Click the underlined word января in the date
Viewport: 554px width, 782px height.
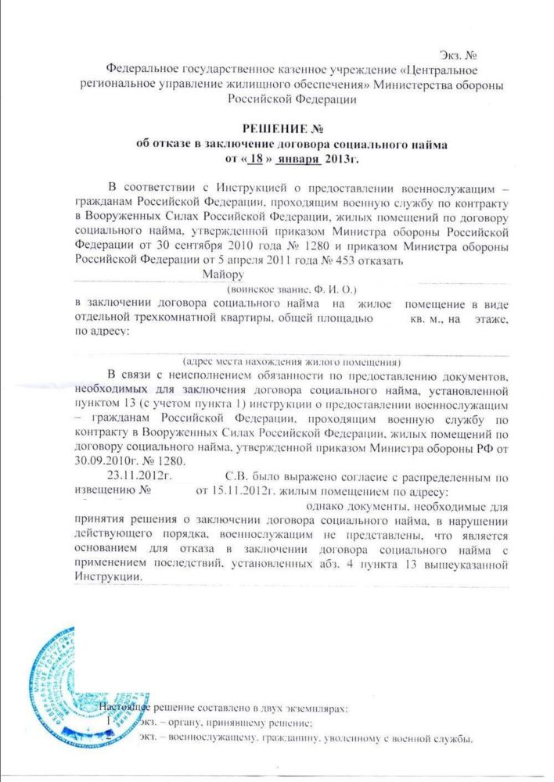point(298,158)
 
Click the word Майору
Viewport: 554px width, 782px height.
point(224,274)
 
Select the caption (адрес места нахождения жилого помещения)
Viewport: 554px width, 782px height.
point(292,362)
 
